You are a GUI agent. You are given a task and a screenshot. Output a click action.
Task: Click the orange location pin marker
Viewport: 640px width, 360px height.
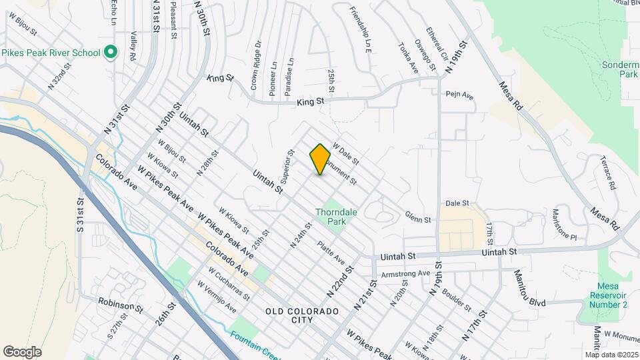(321, 159)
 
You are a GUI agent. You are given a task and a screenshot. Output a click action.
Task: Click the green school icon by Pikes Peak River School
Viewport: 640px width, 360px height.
(111, 52)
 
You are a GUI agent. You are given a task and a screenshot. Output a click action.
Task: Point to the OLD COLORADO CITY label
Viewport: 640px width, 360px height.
(302, 315)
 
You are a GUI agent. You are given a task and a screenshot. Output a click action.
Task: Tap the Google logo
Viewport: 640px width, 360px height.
(22, 351)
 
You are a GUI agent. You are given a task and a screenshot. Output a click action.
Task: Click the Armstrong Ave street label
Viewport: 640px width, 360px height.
(405, 273)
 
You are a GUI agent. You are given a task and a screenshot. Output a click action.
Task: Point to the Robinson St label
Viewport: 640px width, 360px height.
(121, 305)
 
